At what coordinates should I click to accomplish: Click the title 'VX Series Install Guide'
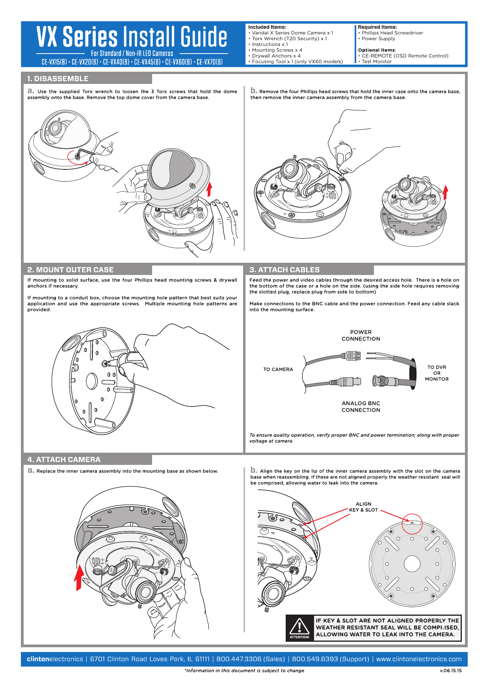point(132,37)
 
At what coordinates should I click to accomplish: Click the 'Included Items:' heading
point(267,27)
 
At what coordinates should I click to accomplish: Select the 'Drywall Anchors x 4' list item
point(276,56)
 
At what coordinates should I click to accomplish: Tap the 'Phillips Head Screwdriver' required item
point(392,33)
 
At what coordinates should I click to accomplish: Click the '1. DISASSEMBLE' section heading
point(58,79)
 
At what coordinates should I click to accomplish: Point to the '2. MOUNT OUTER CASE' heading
point(71,270)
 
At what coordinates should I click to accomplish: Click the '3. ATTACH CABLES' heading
point(284,270)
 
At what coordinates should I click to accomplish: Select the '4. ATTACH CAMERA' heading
point(64,460)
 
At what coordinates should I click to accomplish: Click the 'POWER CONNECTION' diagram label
point(361,336)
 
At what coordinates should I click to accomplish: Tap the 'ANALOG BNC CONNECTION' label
point(361,407)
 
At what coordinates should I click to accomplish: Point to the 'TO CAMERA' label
point(278,370)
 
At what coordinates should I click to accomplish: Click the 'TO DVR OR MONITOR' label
point(437,373)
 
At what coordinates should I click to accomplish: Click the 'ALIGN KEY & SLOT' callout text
point(363,507)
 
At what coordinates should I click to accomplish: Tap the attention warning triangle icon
point(299,626)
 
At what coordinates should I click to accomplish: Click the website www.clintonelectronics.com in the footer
point(418,659)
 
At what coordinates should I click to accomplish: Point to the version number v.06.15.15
point(450,671)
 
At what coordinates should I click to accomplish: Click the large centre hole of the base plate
point(412,564)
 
